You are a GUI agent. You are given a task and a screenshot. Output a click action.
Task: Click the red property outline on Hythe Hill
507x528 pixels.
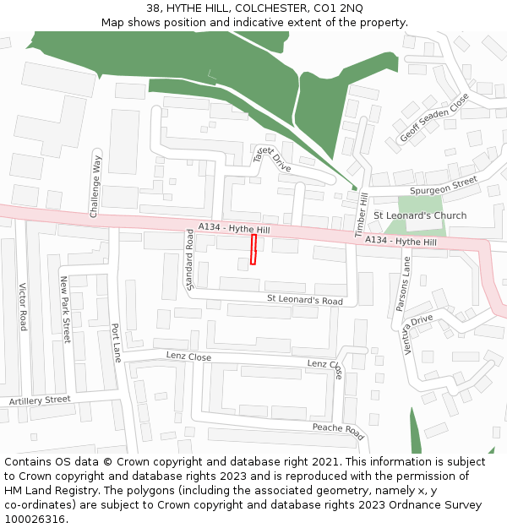pyautogui.click(x=253, y=250)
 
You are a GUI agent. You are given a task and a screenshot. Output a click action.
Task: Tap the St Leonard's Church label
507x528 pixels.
pyautogui.click(x=420, y=215)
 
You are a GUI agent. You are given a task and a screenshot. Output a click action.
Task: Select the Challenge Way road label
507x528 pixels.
pyautogui.click(x=95, y=187)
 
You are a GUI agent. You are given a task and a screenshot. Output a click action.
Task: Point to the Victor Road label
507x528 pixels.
pyautogui.click(x=23, y=306)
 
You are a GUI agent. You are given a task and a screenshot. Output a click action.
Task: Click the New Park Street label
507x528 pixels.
pyautogui.click(x=64, y=308)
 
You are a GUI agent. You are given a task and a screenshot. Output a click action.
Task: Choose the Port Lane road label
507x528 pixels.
pyautogui.click(x=116, y=343)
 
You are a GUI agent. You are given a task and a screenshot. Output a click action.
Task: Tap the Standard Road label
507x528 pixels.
pyautogui.click(x=190, y=259)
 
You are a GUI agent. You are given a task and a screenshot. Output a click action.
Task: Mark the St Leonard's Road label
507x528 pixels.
pyautogui.click(x=305, y=300)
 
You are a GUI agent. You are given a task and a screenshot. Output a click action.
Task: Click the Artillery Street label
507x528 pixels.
pyautogui.click(x=40, y=400)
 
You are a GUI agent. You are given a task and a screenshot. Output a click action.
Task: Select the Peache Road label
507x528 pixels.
pyautogui.click(x=337, y=432)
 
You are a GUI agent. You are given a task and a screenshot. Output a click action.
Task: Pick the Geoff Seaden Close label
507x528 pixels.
pyautogui.click(x=433, y=117)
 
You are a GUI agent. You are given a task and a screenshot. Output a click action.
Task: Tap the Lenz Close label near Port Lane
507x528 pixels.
pyautogui.click(x=188, y=357)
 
